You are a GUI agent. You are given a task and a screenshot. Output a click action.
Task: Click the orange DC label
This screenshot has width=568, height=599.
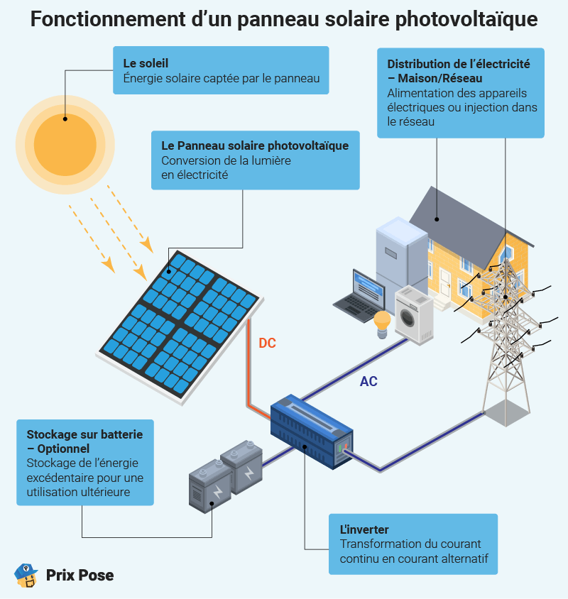coord(267,344)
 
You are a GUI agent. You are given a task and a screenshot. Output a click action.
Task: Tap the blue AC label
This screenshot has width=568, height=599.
coord(368,382)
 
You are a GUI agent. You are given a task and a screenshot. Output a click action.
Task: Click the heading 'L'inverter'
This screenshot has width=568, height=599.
coord(364,530)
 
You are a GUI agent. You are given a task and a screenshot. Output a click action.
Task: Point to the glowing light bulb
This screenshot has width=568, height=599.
coord(383,323)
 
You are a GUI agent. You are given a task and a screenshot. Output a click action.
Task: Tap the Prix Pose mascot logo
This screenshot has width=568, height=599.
coord(26,575)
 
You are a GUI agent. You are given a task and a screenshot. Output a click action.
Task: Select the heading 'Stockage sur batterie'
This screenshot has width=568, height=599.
coord(84,434)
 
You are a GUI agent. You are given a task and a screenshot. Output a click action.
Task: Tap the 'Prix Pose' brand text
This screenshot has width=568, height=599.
coord(80,575)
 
